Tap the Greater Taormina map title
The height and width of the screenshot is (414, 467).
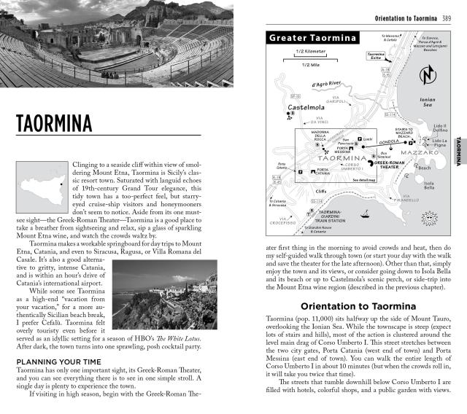[312, 38]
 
